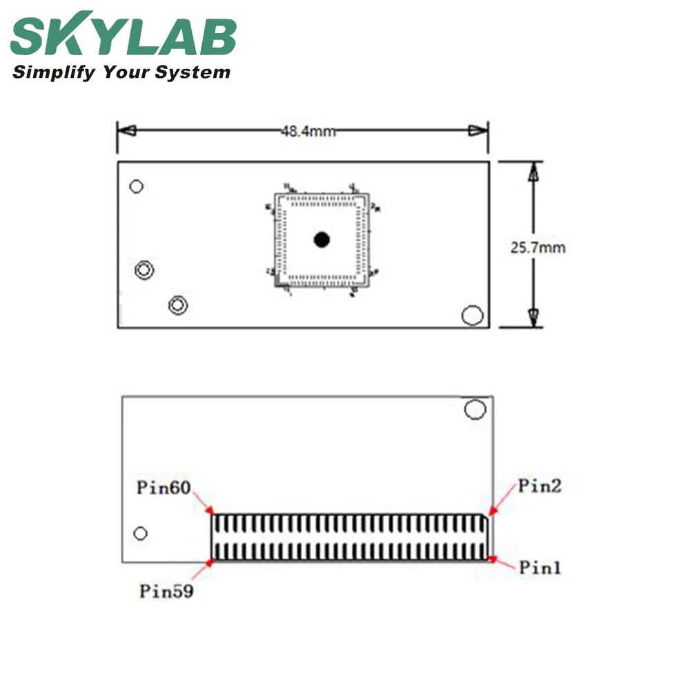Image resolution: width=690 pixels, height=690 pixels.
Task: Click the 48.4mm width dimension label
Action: coord(308,131)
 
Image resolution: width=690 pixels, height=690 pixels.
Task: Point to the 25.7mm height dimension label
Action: coord(538,247)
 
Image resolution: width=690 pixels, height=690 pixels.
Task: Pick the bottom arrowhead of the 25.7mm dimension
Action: coord(532,317)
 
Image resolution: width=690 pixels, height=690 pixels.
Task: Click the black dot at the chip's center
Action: coord(322,239)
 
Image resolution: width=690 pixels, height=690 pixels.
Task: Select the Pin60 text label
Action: coord(163,489)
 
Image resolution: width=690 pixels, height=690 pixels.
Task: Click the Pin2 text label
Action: coord(540,486)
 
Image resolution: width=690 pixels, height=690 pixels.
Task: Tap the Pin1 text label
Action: coord(540,568)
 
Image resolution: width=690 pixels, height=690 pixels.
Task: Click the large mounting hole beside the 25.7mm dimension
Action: coord(473,315)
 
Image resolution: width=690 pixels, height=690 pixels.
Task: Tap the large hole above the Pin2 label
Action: coord(475,409)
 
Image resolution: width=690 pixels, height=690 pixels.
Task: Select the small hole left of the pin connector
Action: coord(141,533)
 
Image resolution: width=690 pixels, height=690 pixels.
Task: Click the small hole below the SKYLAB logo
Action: coord(137,186)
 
